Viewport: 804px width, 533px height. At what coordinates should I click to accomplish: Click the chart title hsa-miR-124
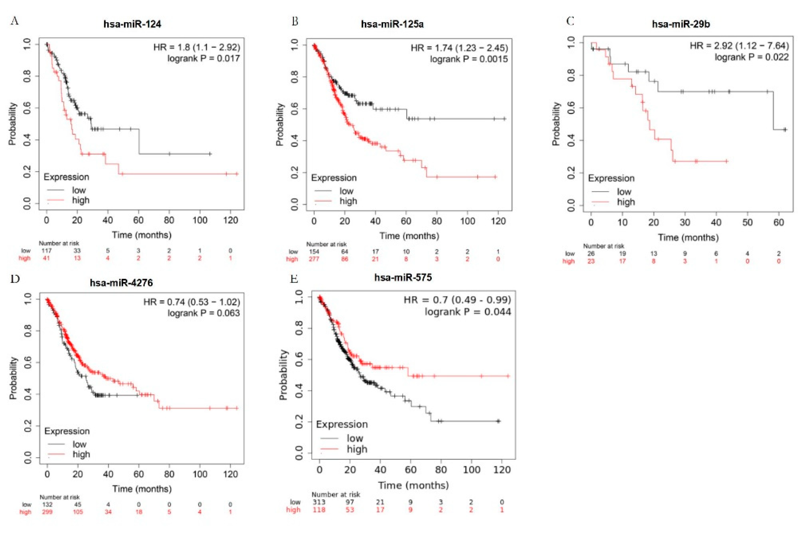(x=132, y=24)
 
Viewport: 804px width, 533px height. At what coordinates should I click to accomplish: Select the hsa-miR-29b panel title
(x=681, y=24)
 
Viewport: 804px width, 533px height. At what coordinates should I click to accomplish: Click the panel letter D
(x=15, y=279)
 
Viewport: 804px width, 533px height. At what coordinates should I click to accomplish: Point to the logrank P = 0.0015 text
(x=469, y=59)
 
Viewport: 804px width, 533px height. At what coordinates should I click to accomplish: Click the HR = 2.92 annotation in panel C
(x=739, y=46)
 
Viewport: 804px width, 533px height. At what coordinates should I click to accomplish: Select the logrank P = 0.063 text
(x=203, y=313)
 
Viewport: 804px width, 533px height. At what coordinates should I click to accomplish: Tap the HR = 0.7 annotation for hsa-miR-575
(x=457, y=300)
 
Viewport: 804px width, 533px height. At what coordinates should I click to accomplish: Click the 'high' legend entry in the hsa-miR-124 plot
(x=80, y=200)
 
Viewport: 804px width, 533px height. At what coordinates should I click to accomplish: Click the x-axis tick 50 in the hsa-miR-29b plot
(x=748, y=223)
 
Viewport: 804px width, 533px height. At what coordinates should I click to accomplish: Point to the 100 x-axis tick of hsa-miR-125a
(x=467, y=221)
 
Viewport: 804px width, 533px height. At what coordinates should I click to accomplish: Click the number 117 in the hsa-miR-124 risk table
(x=46, y=251)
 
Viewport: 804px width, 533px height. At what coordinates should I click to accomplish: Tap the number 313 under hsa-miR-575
(x=319, y=502)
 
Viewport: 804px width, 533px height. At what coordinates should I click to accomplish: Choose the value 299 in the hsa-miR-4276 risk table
(x=47, y=512)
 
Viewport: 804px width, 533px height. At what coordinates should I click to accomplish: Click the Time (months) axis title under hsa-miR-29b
(x=688, y=237)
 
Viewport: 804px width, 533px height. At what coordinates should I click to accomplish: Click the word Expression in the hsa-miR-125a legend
(x=334, y=178)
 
